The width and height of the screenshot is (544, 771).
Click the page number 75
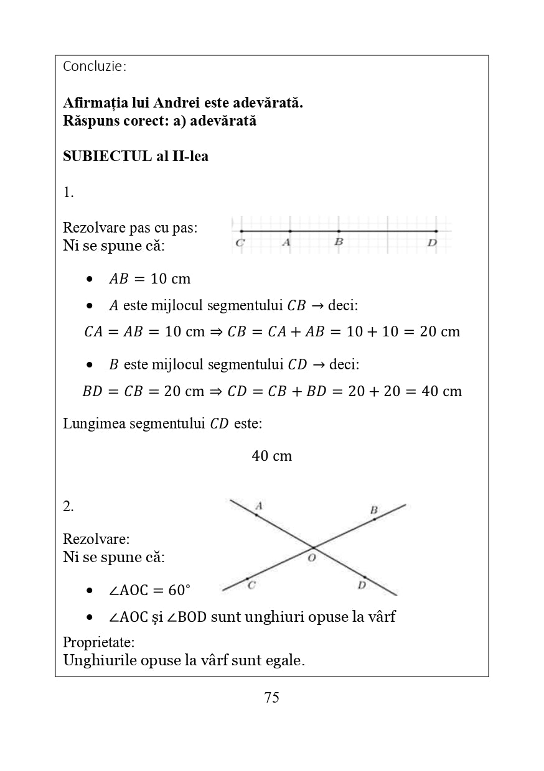pyautogui.click(x=272, y=698)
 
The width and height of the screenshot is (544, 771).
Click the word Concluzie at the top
pyautogui.click(x=94, y=66)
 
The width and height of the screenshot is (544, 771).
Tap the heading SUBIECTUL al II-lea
pyautogui.click(x=136, y=156)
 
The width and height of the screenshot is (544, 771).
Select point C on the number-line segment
pyautogui.click(x=241, y=231)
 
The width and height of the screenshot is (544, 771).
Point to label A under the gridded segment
pyautogui.click(x=286, y=242)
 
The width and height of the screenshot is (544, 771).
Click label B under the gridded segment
pyautogui.click(x=339, y=242)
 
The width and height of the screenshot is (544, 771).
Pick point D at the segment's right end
pyautogui.click(x=436, y=231)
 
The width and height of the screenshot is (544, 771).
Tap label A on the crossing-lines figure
pyautogui.click(x=259, y=506)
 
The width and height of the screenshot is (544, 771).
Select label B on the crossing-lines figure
pyautogui.click(x=373, y=510)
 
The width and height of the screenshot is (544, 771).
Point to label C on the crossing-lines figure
pyautogui.click(x=251, y=585)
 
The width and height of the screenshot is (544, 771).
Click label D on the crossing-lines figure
pyautogui.click(x=362, y=585)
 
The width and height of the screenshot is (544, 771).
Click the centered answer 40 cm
pyautogui.click(x=272, y=456)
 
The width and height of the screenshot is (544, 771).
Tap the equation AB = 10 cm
pyautogui.click(x=149, y=279)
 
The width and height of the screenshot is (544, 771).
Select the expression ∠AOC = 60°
pyautogui.click(x=149, y=589)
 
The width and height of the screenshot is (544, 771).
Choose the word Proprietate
pyautogui.click(x=99, y=642)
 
